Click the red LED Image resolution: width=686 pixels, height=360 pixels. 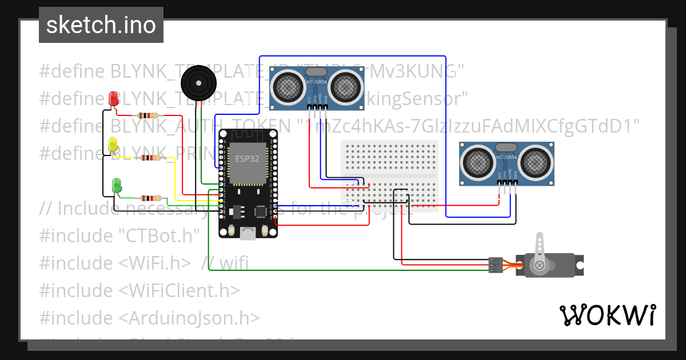coord(114,98)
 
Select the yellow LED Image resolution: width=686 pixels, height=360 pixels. coord(113,145)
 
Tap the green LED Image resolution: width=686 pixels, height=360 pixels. coord(117,185)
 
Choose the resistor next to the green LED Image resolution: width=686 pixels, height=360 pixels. coord(150,198)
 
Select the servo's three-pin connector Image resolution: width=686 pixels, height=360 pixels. coord(496,265)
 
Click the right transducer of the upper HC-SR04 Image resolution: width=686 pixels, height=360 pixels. coord(345,87)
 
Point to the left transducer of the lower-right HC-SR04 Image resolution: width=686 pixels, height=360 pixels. coord(477,162)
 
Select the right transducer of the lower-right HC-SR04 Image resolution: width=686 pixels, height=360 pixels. coord(536,162)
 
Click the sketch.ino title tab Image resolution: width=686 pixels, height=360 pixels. coord(101,25)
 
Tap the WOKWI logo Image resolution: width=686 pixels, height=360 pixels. coord(607,315)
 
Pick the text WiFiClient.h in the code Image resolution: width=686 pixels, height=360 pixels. coord(180,290)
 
